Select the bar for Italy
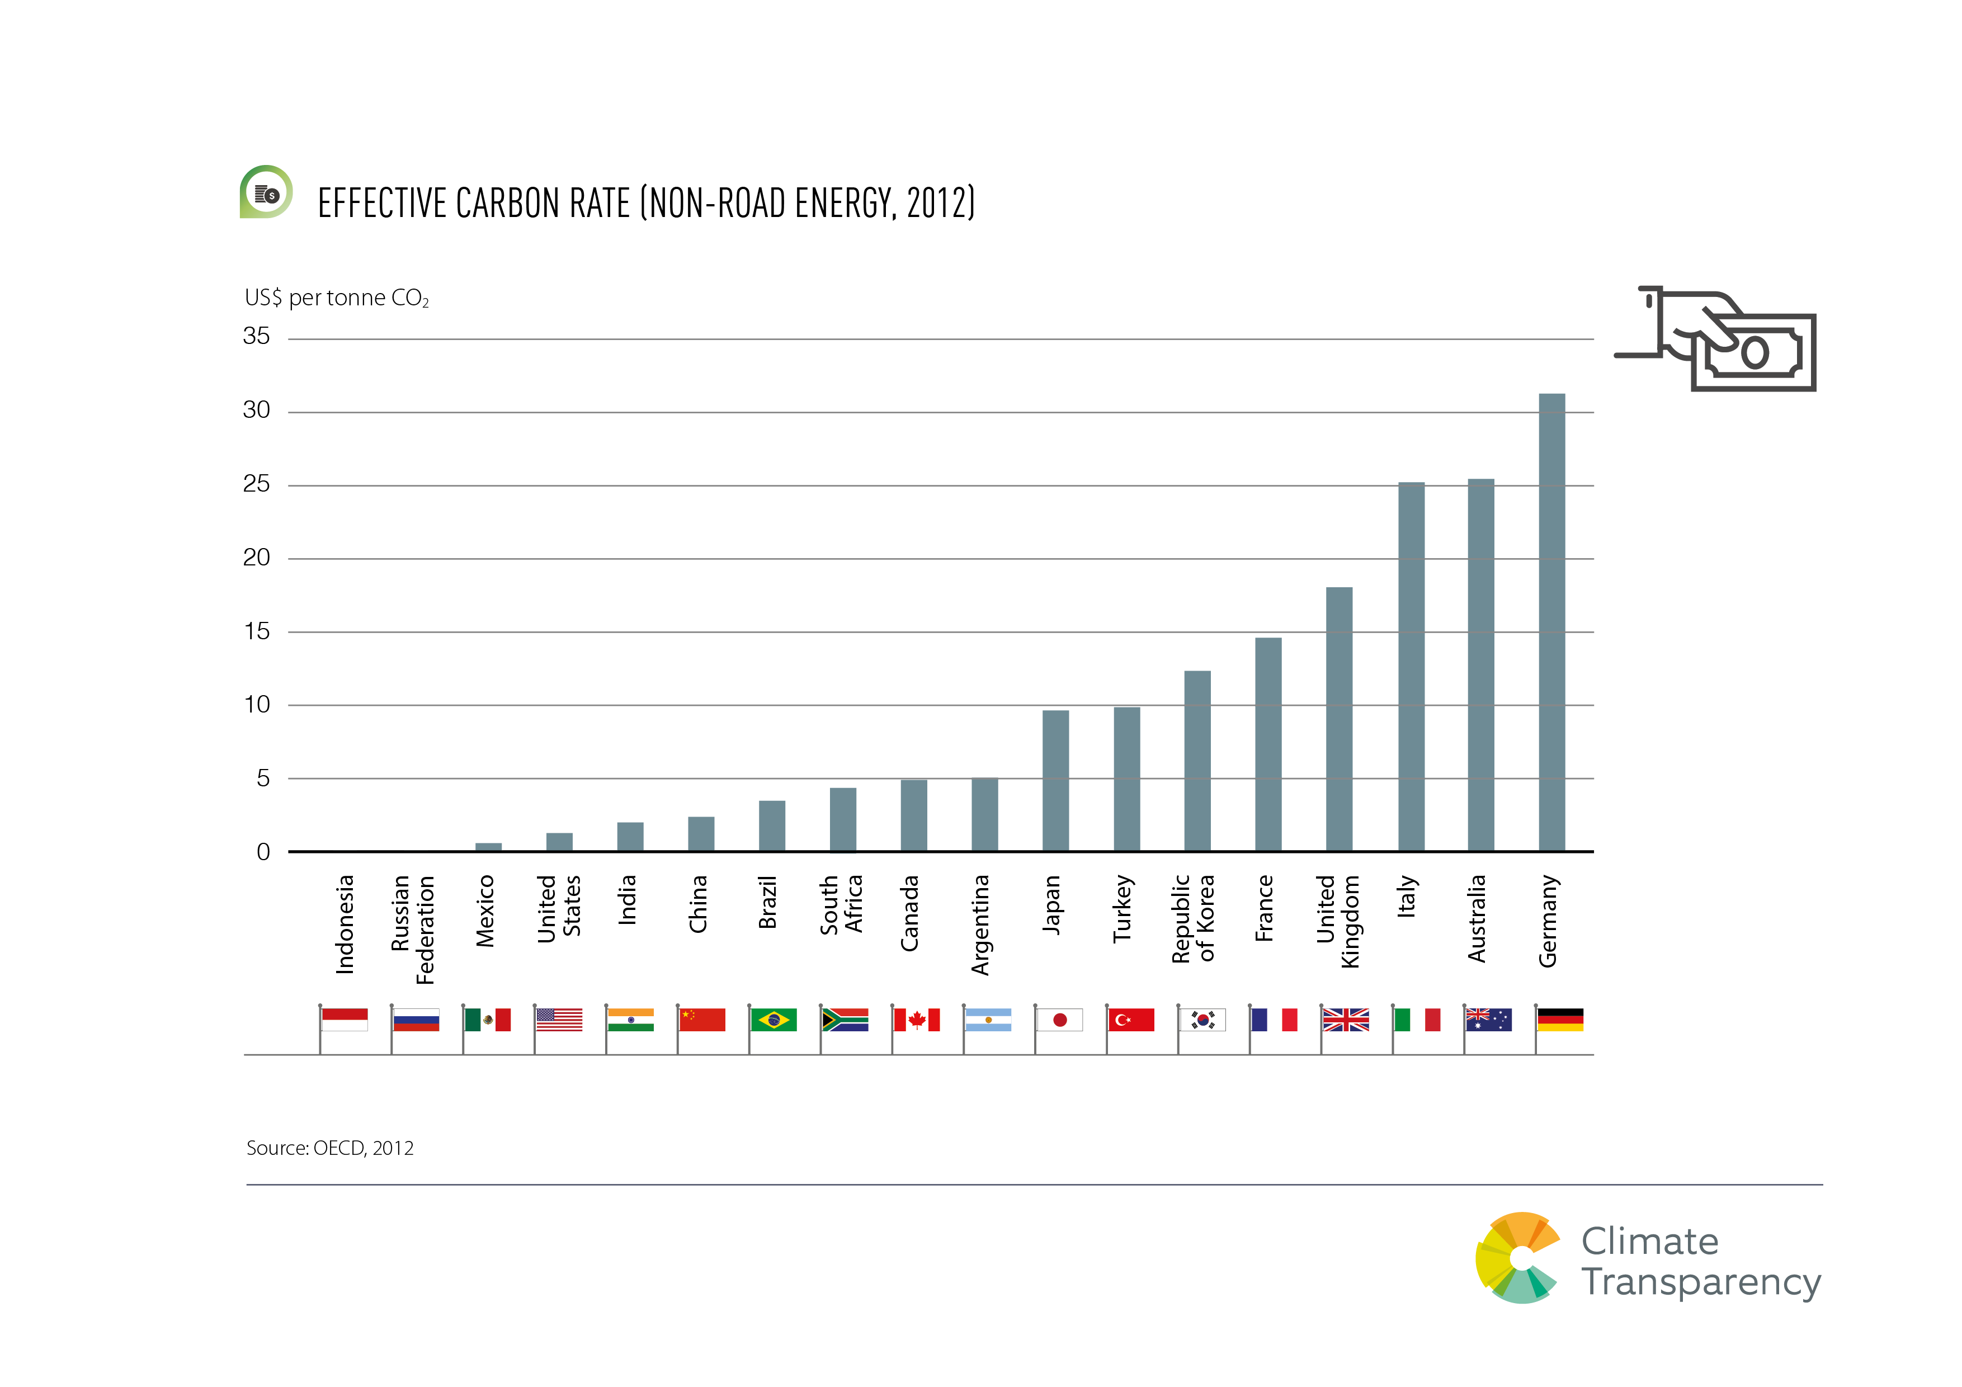pyautogui.click(x=1411, y=667)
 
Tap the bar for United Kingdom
pyautogui.click(x=1339, y=719)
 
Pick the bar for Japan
pyautogui.click(x=1055, y=780)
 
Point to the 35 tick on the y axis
pyautogui.click(x=256, y=337)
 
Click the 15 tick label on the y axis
pyautogui.click(x=256, y=631)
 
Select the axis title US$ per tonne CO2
pyautogui.click(x=336, y=298)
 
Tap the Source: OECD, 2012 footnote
pyautogui.click(x=330, y=1148)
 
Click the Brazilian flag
pyautogui.click(x=774, y=1020)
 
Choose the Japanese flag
pyautogui.click(x=1060, y=1020)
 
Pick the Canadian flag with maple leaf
pyautogui.click(x=917, y=1020)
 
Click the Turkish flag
pyautogui.click(x=1130, y=1020)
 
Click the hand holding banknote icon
pyautogui.click(x=1718, y=339)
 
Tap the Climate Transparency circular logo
pyautogui.click(x=1518, y=1258)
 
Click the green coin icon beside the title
pyautogui.click(x=266, y=192)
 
